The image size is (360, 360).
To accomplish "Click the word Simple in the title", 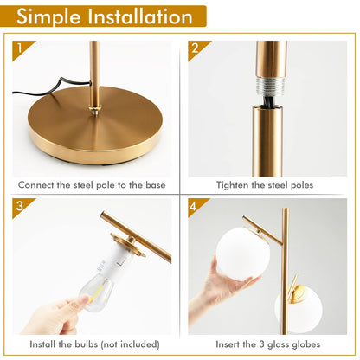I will click(53, 16).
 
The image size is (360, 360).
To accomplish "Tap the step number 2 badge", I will click(195, 47).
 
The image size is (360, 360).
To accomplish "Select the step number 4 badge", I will click(195, 206).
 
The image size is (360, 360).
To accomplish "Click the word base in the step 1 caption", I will click(152, 184).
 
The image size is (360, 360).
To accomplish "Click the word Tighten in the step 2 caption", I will click(233, 184).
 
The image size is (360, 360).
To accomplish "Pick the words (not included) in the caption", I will click(132, 344).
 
